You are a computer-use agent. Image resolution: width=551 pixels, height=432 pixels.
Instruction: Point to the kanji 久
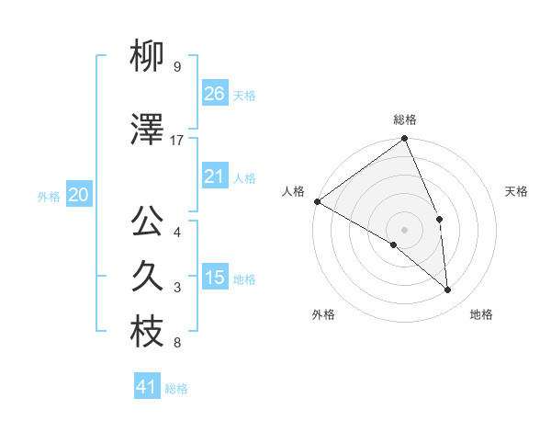click(147, 277)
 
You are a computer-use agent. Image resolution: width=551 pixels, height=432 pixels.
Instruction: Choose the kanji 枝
click(147, 333)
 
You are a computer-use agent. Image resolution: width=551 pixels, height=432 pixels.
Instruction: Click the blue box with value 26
click(214, 94)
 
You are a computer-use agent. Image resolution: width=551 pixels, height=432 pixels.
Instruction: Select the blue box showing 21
click(214, 176)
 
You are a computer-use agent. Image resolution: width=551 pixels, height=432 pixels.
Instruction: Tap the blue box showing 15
click(214, 278)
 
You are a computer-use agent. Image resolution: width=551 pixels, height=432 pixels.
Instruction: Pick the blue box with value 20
click(79, 195)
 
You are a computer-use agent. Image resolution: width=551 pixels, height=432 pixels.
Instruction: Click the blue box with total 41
click(148, 387)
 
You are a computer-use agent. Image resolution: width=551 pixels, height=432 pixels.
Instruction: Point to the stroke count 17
click(177, 140)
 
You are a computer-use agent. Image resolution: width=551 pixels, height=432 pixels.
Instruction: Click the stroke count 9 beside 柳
click(176, 67)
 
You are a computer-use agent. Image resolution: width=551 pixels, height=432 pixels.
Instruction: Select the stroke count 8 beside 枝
click(176, 344)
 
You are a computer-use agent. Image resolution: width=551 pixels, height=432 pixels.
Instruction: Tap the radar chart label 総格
click(405, 119)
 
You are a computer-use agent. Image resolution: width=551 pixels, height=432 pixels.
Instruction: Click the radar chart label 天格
click(516, 191)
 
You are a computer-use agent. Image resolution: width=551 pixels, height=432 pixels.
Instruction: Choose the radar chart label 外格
click(323, 314)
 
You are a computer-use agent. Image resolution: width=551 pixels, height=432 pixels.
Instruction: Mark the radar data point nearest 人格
click(317, 201)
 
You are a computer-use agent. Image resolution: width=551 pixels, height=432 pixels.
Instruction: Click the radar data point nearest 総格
click(404, 140)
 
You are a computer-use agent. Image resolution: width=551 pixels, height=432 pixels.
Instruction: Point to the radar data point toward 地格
click(447, 290)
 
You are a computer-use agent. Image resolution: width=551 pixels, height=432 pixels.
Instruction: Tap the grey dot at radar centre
click(404, 229)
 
